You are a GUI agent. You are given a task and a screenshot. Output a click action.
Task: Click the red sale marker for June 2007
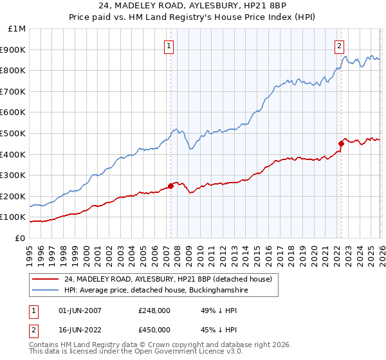pos(170,186)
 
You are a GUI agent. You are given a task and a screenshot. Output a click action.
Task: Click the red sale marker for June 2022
pos(342,143)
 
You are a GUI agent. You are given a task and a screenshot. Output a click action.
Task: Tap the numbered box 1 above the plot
pos(169,46)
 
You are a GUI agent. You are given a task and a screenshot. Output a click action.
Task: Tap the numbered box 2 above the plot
pos(339,46)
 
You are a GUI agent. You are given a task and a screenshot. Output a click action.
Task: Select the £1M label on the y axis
pos(17,28)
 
